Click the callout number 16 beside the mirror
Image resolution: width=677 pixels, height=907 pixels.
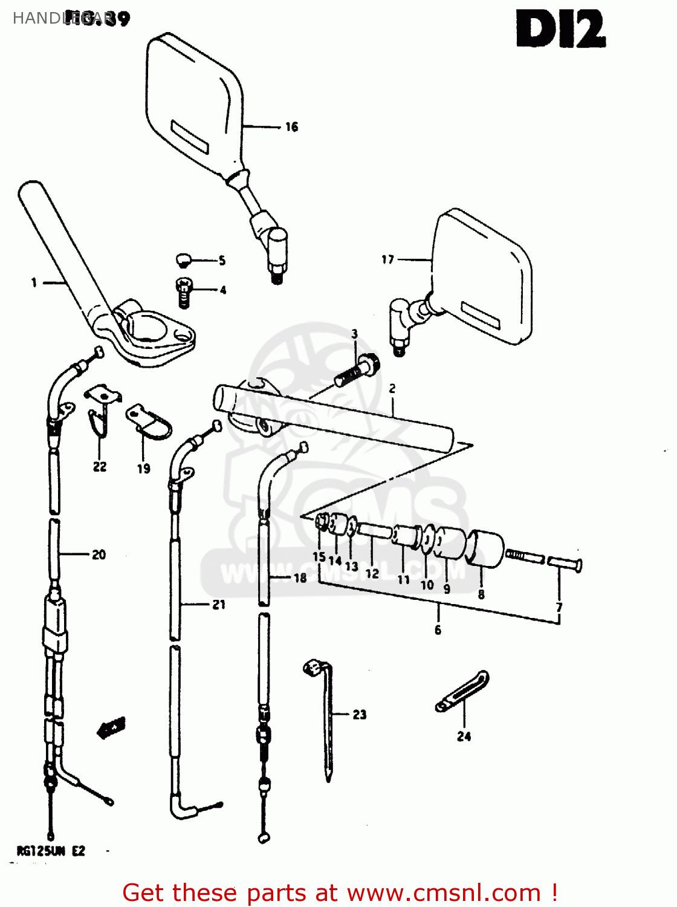point(291,127)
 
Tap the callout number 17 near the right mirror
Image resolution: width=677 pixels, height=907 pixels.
point(387,259)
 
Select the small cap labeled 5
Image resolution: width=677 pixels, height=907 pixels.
point(184,260)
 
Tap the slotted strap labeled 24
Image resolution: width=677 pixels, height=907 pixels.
point(463,691)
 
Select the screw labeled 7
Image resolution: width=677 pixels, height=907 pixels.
point(565,564)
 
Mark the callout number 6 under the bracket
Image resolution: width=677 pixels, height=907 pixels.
point(438,630)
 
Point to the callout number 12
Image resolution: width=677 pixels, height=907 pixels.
point(372,573)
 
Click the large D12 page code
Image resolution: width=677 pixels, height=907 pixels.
point(560,30)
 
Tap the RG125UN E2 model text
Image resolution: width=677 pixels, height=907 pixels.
point(51,851)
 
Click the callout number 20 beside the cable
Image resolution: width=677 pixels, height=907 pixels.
point(99,554)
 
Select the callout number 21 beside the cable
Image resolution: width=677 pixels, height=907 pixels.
point(218,604)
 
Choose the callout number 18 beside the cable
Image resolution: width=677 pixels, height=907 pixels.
point(300,578)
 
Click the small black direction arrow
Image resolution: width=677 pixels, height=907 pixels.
point(111,728)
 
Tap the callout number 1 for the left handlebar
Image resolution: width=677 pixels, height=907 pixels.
point(34,282)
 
